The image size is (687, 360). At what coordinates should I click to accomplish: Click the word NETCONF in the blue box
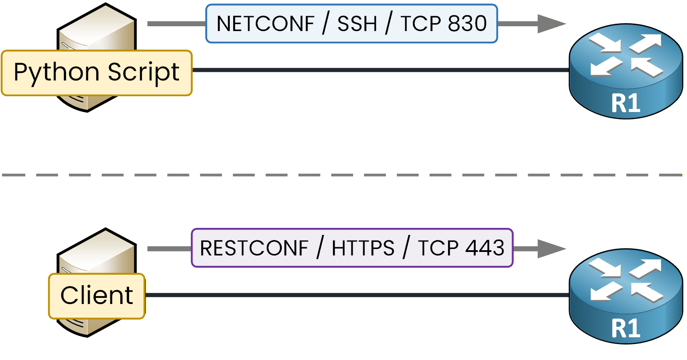[265, 24]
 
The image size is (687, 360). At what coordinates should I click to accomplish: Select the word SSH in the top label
[357, 24]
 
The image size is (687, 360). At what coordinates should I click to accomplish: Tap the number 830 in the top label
[467, 24]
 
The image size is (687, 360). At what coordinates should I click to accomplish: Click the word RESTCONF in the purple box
[254, 248]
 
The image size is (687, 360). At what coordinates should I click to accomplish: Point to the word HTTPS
[363, 248]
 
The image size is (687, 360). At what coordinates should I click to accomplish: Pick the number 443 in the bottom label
[484, 248]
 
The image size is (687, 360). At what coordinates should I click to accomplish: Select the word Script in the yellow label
[144, 73]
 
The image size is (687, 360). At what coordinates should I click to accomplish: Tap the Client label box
[97, 296]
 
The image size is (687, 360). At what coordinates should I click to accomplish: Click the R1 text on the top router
[626, 104]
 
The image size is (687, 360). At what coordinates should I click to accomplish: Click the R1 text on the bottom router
[626, 329]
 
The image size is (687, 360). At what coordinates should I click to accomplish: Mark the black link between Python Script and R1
[381, 70]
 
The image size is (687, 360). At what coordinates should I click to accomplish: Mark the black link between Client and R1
[357, 295]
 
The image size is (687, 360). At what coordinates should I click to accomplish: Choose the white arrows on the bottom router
[626, 280]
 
